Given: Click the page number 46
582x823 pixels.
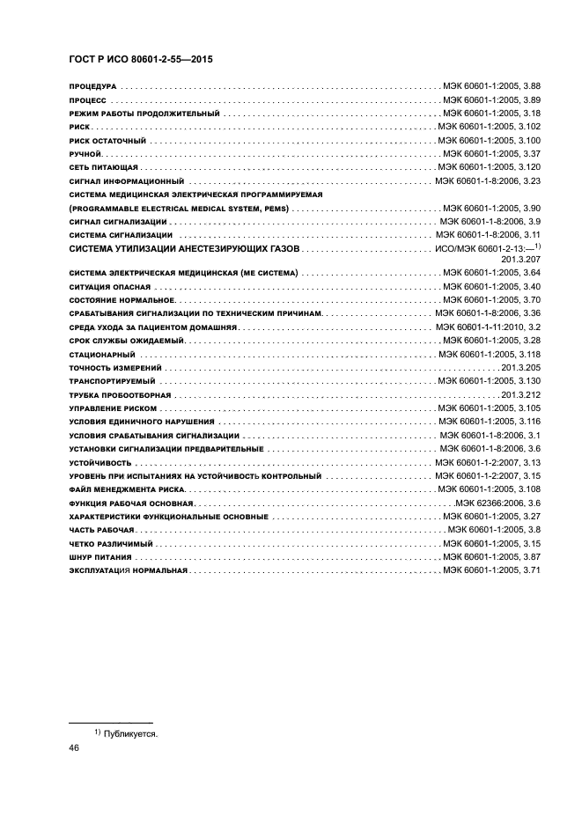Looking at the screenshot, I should [x=74, y=747].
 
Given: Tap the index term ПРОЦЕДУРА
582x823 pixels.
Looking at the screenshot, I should [x=92, y=87].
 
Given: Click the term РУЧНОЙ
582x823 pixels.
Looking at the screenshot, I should [x=85, y=154].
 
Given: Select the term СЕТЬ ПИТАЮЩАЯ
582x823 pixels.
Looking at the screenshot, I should [x=102, y=167].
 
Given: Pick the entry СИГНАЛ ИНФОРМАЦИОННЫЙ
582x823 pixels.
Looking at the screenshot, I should [x=118, y=180].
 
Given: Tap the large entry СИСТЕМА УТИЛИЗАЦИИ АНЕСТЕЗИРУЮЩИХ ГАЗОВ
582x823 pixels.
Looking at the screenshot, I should [x=183, y=249].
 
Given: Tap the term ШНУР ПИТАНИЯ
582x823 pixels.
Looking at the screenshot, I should [x=99, y=558].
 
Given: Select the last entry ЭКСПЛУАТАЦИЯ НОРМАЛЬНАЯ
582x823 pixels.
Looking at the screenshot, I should [x=129, y=571].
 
